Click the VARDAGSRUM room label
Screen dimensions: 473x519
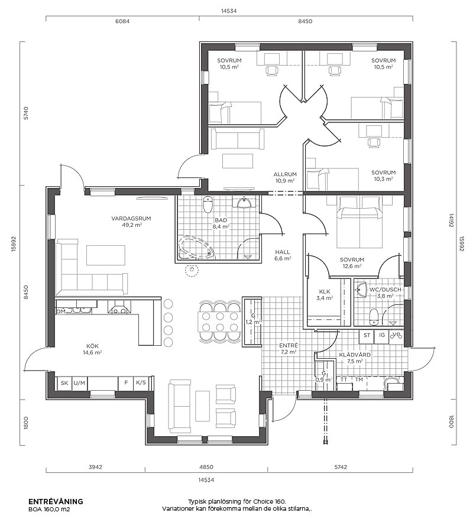pyautogui.click(x=131, y=219)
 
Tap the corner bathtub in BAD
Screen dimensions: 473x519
pyautogui.click(x=195, y=248)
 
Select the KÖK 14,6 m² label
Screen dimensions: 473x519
pyautogui.click(x=92, y=349)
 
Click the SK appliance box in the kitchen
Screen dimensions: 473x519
pyautogui.click(x=64, y=383)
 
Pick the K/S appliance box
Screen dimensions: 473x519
pyautogui.click(x=141, y=383)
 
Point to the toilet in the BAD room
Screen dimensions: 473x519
pyautogui.click(x=208, y=204)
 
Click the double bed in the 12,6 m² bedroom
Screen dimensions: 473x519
pyautogui.click(x=359, y=222)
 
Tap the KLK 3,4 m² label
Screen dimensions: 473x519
pyautogui.click(x=325, y=294)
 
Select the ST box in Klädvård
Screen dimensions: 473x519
pyautogui.click(x=367, y=335)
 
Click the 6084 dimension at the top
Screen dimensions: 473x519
pyautogui.click(x=122, y=21)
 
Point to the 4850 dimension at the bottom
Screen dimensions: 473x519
pyautogui.click(x=206, y=467)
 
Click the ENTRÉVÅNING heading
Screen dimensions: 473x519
pyautogui.click(x=56, y=501)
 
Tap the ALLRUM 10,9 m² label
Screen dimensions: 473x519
pyautogui.click(x=285, y=177)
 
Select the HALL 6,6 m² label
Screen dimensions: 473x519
pyautogui.click(x=283, y=255)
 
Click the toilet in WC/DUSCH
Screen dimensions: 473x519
pyautogui.click(x=373, y=317)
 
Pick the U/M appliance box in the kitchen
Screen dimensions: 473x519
pyautogui.click(x=79, y=383)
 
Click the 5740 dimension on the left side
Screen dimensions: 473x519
pyautogui.click(x=27, y=113)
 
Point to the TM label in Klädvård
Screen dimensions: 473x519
pyautogui.click(x=359, y=379)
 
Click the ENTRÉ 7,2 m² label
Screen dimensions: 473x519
pyautogui.click(x=288, y=349)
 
